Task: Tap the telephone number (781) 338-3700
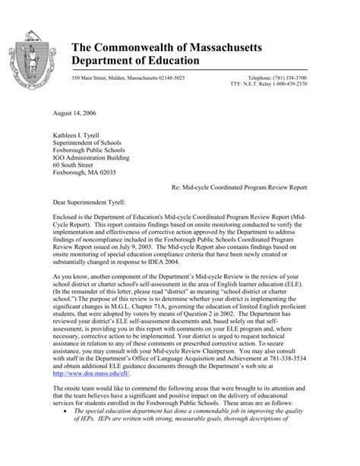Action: (324, 78)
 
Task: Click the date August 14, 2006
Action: (57, 112)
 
